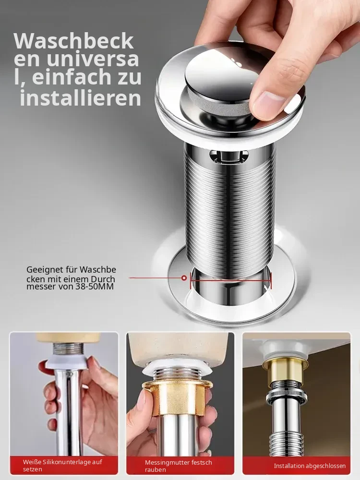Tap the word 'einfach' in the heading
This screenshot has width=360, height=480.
pyautogui.click(x=72, y=77)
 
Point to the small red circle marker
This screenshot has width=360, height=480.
pyautogui.click(x=184, y=278)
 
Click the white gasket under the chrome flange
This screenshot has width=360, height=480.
pyautogui.click(x=227, y=129)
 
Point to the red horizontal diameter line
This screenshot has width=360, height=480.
pyautogui.click(x=231, y=279)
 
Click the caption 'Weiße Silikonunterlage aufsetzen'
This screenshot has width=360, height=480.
pyautogui.click(x=62, y=465)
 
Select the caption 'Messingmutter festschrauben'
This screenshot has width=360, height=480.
pyautogui.click(x=179, y=466)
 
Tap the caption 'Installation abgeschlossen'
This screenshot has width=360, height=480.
pyautogui.click(x=310, y=466)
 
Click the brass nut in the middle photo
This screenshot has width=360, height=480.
pyautogui.click(x=178, y=398)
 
